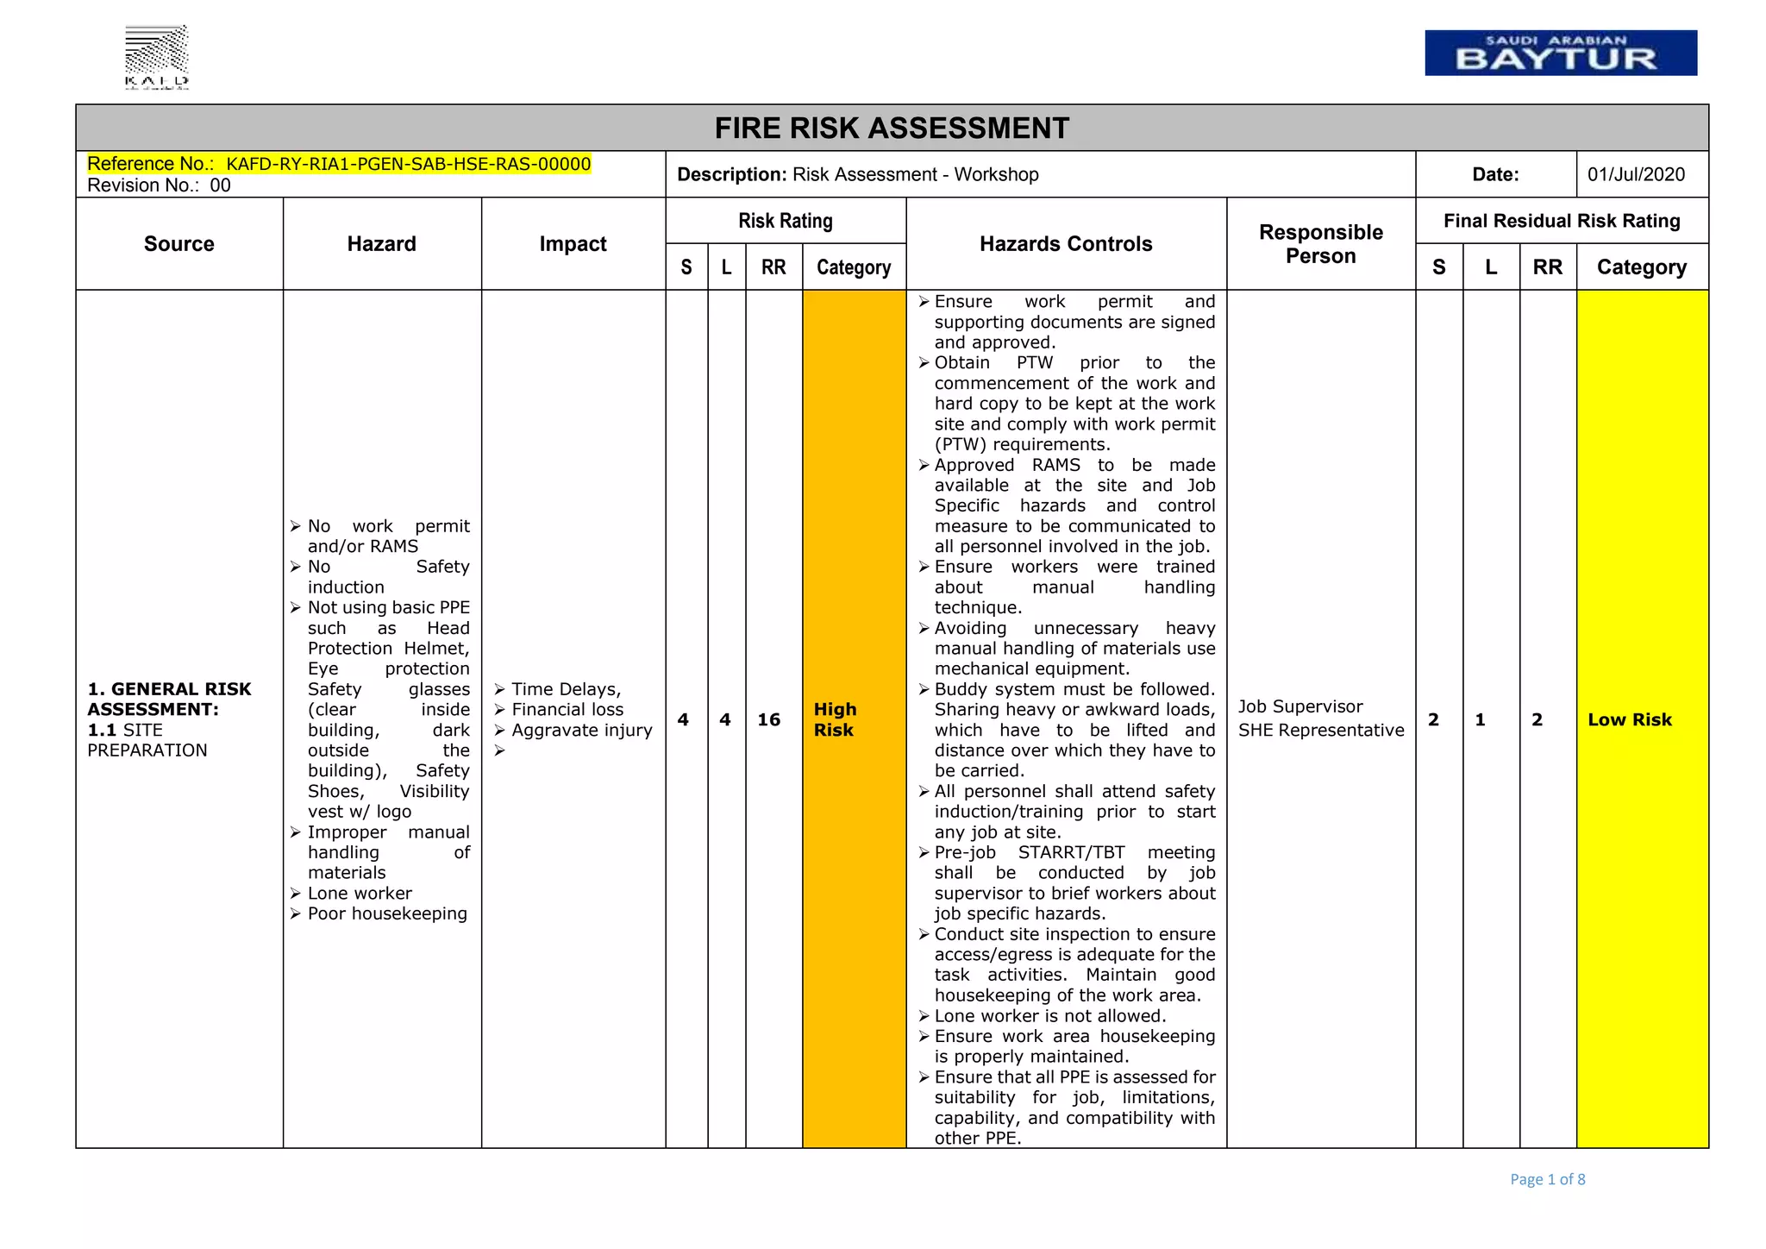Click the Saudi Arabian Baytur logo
(1560, 53)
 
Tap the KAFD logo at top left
(157, 57)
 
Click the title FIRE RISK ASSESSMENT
(892, 129)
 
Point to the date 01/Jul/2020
(1636, 174)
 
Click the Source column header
(179, 244)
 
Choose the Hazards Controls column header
(1066, 244)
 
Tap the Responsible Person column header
(1320, 244)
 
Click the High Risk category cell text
(835, 719)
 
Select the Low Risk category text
(1629, 719)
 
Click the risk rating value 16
(768, 719)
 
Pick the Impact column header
(573, 244)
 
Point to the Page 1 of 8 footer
(1547, 1179)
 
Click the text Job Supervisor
(1300, 706)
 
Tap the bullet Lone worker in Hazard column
(360, 893)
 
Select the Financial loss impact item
(567, 709)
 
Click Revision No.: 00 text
(159, 185)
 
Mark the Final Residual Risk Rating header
(1562, 221)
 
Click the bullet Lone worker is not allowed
(1049, 1015)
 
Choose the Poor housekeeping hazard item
(387, 913)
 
